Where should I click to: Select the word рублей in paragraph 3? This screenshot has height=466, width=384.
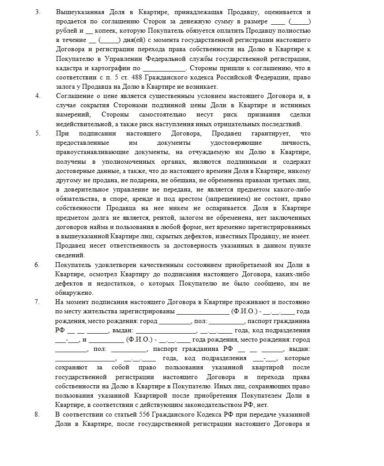pyautogui.click(x=67, y=30)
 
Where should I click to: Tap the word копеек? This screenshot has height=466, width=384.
pyautogui.click(x=108, y=30)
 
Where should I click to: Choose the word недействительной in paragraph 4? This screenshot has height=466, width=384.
pyautogui.click(x=82, y=124)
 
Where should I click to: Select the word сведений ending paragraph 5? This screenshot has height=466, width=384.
pyautogui.click(x=70, y=255)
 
